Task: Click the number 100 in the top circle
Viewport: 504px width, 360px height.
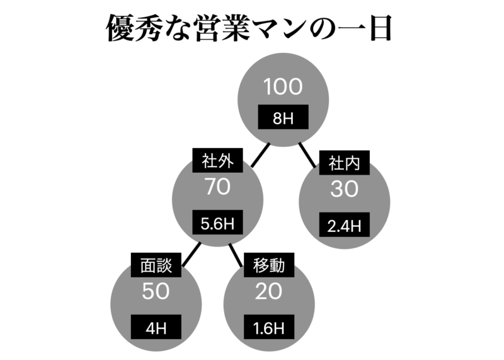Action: pyautogui.click(x=283, y=87)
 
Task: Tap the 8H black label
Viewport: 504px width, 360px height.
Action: pyautogui.click(x=283, y=117)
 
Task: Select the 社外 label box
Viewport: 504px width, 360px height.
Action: pyautogui.click(x=217, y=160)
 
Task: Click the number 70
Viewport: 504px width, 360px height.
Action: pyautogui.click(x=217, y=187)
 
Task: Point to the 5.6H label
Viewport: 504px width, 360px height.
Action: pyautogui.click(x=217, y=223)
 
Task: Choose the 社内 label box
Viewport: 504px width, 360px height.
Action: pyautogui.click(x=344, y=163)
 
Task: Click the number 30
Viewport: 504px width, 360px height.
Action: pyautogui.click(x=344, y=189)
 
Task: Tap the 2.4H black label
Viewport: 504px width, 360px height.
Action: pyautogui.click(x=344, y=225)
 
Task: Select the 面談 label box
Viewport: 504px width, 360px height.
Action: pyautogui.click(x=156, y=265)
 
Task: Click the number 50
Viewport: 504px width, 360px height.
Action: pyautogui.click(x=156, y=291)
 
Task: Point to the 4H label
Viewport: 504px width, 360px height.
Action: pyautogui.click(x=156, y=327)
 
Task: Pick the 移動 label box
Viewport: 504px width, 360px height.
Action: pyautogui.click(x=269, y=265)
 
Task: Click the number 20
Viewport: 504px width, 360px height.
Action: pyautogui.click(x=269, y=291)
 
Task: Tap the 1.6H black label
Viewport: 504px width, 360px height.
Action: pyautogui.click(x=269, y=327)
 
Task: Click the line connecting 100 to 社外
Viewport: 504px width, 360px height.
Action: pyautogui.click(x=260, y=155)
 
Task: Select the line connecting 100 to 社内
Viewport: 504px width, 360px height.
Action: pyautogui.click(x=307, y=155)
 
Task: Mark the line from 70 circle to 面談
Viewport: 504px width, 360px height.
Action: pyautogui.click(x=192, y=255)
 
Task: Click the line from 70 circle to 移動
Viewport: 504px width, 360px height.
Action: pyautogui.click(x=236, y=255)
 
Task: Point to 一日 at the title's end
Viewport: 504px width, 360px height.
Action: pyautogui.click(x=364, y=28)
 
